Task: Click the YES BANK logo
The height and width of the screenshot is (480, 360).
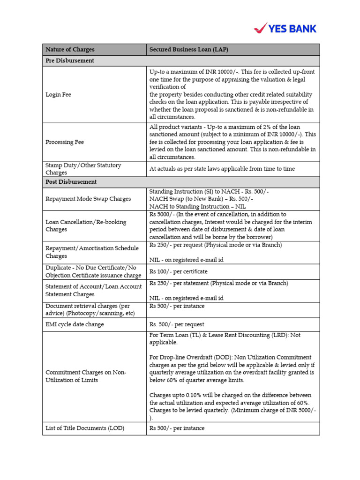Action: [x=285, y=28]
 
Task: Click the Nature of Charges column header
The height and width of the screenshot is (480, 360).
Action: [x=70, y=50]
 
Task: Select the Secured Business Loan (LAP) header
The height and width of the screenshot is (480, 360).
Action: [x=188, y=50]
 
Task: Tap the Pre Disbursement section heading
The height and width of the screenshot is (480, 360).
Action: [x=69, y=61]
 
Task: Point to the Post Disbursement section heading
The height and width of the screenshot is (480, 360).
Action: [x=71, y=182]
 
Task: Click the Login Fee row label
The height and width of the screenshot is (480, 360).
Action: [x=58, y=95]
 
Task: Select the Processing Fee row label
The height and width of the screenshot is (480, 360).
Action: [x=65, y=142]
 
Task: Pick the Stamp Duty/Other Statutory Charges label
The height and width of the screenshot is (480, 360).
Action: [x=83, y=169]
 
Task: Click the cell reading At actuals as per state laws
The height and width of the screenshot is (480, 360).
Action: [x=222, y=169]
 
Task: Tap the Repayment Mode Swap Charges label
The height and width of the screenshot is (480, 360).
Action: [x=88, y=199]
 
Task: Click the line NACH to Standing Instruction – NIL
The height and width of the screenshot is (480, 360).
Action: [x=197, y=207]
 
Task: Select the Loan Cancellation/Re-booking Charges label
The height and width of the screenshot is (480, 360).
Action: [x=86, y=225]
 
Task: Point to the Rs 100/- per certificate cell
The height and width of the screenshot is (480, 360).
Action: [x=178, y=271]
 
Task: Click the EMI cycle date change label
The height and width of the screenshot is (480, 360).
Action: [x=75, y=324]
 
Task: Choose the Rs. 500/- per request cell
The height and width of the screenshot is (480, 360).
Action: [x=177, y=324]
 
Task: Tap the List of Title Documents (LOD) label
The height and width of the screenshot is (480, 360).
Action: [x=85, y=428]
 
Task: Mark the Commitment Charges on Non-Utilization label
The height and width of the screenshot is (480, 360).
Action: [x=86, y=376]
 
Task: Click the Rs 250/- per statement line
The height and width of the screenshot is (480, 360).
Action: [x=218, y=283]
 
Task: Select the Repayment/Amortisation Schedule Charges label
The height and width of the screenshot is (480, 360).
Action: [x=92, y=252]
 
